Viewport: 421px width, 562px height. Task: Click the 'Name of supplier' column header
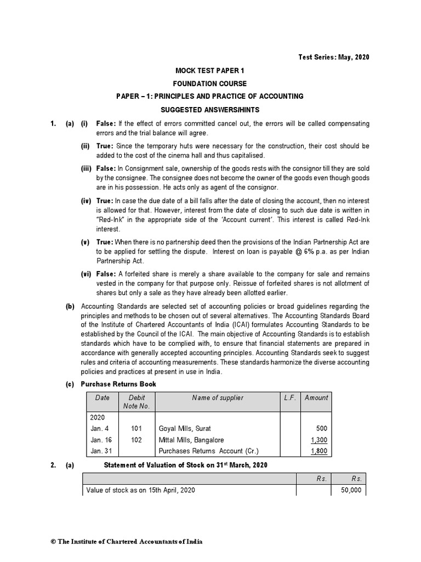(x=218, y=398)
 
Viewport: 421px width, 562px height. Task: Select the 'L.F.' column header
(x=290, y=398)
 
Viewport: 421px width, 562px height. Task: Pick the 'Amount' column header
(x=316, y=398)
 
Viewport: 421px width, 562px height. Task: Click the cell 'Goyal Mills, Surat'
(x=185, y=428)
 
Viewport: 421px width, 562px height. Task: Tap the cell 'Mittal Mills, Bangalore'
(x=191, y=440)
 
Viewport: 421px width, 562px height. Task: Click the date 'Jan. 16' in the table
(x=100, y=440)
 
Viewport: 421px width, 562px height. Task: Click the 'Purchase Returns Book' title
(x=118, y=384)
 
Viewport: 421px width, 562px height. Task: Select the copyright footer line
(x=127, y=541)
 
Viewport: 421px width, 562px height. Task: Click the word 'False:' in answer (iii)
(x=106, y=168)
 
